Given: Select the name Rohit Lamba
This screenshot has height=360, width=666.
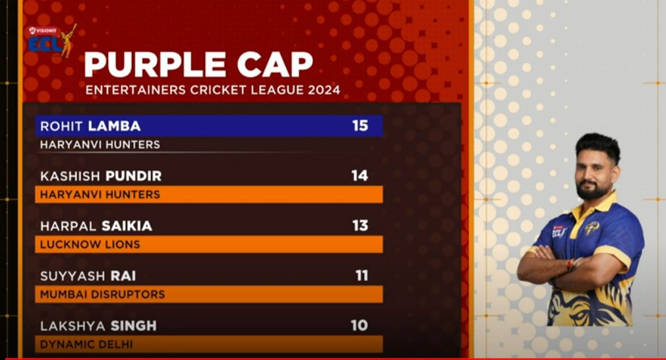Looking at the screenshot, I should tap(90, 126).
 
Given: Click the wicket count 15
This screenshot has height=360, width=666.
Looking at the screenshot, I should tap(360, 125).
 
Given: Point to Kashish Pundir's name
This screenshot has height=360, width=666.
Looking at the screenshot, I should tap(101, 176).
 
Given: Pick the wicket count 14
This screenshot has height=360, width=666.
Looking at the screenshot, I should tap(359, 175).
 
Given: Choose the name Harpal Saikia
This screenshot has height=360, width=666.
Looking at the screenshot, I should tap(96, 226).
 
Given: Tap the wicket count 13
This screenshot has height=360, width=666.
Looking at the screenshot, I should tap(360, 225).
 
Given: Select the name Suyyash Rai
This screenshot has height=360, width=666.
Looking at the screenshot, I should tap(88, 276).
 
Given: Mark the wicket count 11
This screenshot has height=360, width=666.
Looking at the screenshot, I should tap(361, 276).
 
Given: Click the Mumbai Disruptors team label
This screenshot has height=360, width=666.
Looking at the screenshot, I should tap(102, 294).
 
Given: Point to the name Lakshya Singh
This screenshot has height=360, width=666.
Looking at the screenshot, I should tap(98, 326).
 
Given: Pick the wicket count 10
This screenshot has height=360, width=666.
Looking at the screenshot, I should tap(359, 326).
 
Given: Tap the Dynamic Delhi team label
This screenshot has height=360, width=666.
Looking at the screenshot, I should tap(86, 344).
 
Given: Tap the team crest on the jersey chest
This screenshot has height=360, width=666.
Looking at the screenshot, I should tap(591, 228).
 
